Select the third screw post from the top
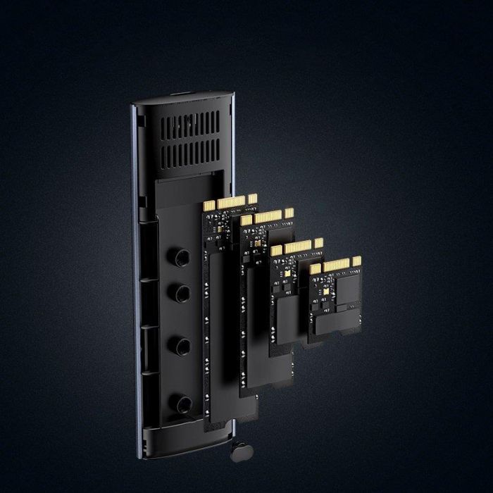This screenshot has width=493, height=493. pyautogui.click(x=182, y=345)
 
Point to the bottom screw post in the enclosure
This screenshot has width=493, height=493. pyautogui.click(x=182, y=404)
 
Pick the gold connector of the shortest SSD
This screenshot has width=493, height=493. pyautogui.click(x=336, y=266)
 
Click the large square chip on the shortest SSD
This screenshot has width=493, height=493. pyautogui.click(x=346, y=294)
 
